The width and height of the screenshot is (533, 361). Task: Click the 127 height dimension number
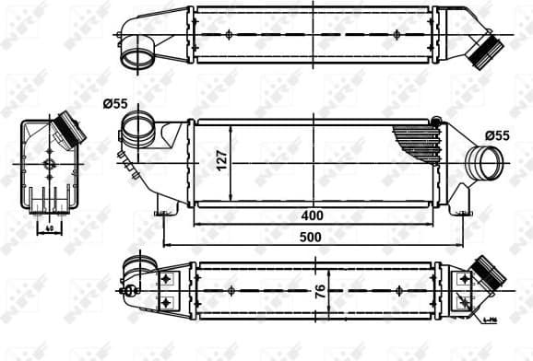point(220,162)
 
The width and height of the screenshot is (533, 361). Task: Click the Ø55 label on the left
point(114,104)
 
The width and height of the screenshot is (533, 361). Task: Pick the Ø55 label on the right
point(496,135)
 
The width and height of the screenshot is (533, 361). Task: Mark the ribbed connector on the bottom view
point(486,275)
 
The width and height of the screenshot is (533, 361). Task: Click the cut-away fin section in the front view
point(417,142)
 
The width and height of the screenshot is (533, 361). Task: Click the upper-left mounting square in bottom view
point(166,276)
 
